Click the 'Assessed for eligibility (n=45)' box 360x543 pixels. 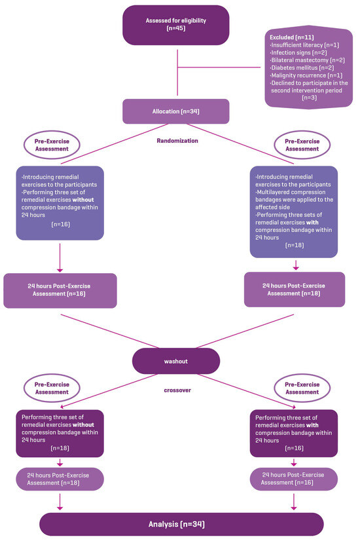point(175,25)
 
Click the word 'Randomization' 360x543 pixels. point(177,140)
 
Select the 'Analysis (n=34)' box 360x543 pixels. point(181,524)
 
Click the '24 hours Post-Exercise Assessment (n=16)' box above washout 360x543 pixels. point(60,290)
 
